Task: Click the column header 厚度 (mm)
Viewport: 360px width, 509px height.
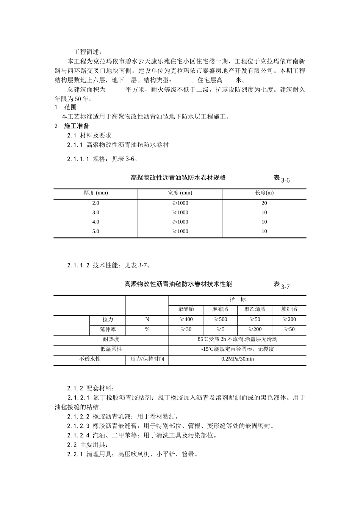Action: [x=95, y=193]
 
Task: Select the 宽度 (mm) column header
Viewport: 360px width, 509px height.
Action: [x=180, y=193]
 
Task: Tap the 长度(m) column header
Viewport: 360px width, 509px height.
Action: [x=264, y=193]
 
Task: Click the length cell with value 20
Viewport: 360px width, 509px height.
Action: [x=264, y=203]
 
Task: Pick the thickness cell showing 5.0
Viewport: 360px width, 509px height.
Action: [x=95, y=231]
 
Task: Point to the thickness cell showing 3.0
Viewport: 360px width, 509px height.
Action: [x=95, y=212]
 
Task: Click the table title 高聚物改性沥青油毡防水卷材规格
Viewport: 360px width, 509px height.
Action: [x=178, y=178]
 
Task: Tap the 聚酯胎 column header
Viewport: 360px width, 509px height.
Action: [x=186, y=309]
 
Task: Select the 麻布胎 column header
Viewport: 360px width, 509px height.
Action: [x=220, y=309]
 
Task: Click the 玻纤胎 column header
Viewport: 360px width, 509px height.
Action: [x=289, y=309]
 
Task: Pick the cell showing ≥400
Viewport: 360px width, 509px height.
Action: [x=186, y=320]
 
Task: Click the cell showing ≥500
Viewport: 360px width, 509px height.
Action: [x=220, y=320]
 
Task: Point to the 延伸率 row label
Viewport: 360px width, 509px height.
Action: [x=108, y=329]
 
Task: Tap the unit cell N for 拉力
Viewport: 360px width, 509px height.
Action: [x=147, y=320]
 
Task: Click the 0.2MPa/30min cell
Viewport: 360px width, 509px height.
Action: [x=237, y=359]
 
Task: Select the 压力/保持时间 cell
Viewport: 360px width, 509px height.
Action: [x=147, y=359]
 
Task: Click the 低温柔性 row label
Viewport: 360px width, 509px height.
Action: [x=111, y=349]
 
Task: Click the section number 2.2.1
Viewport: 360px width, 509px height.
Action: [x=75, y=454]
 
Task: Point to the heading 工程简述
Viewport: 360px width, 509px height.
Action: [x=88, y=52]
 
